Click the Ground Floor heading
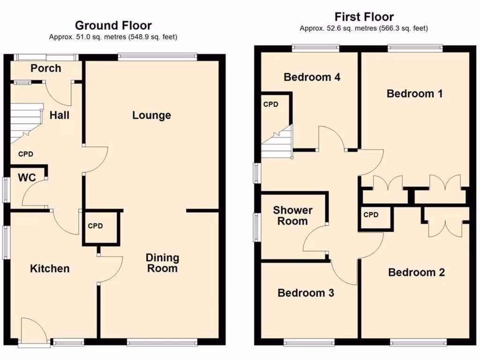point(113,25)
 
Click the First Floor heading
point(364,17)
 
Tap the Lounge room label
point(151,115)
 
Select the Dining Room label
point(162,263)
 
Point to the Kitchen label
point(50,269)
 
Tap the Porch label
point(45,68)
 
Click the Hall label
point(60,114)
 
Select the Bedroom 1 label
point(414,94)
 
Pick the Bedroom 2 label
point(416,272)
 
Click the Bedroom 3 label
point(306,293)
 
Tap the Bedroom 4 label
point(312,77)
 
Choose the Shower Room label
point(292,216)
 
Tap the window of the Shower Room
point(257,226)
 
